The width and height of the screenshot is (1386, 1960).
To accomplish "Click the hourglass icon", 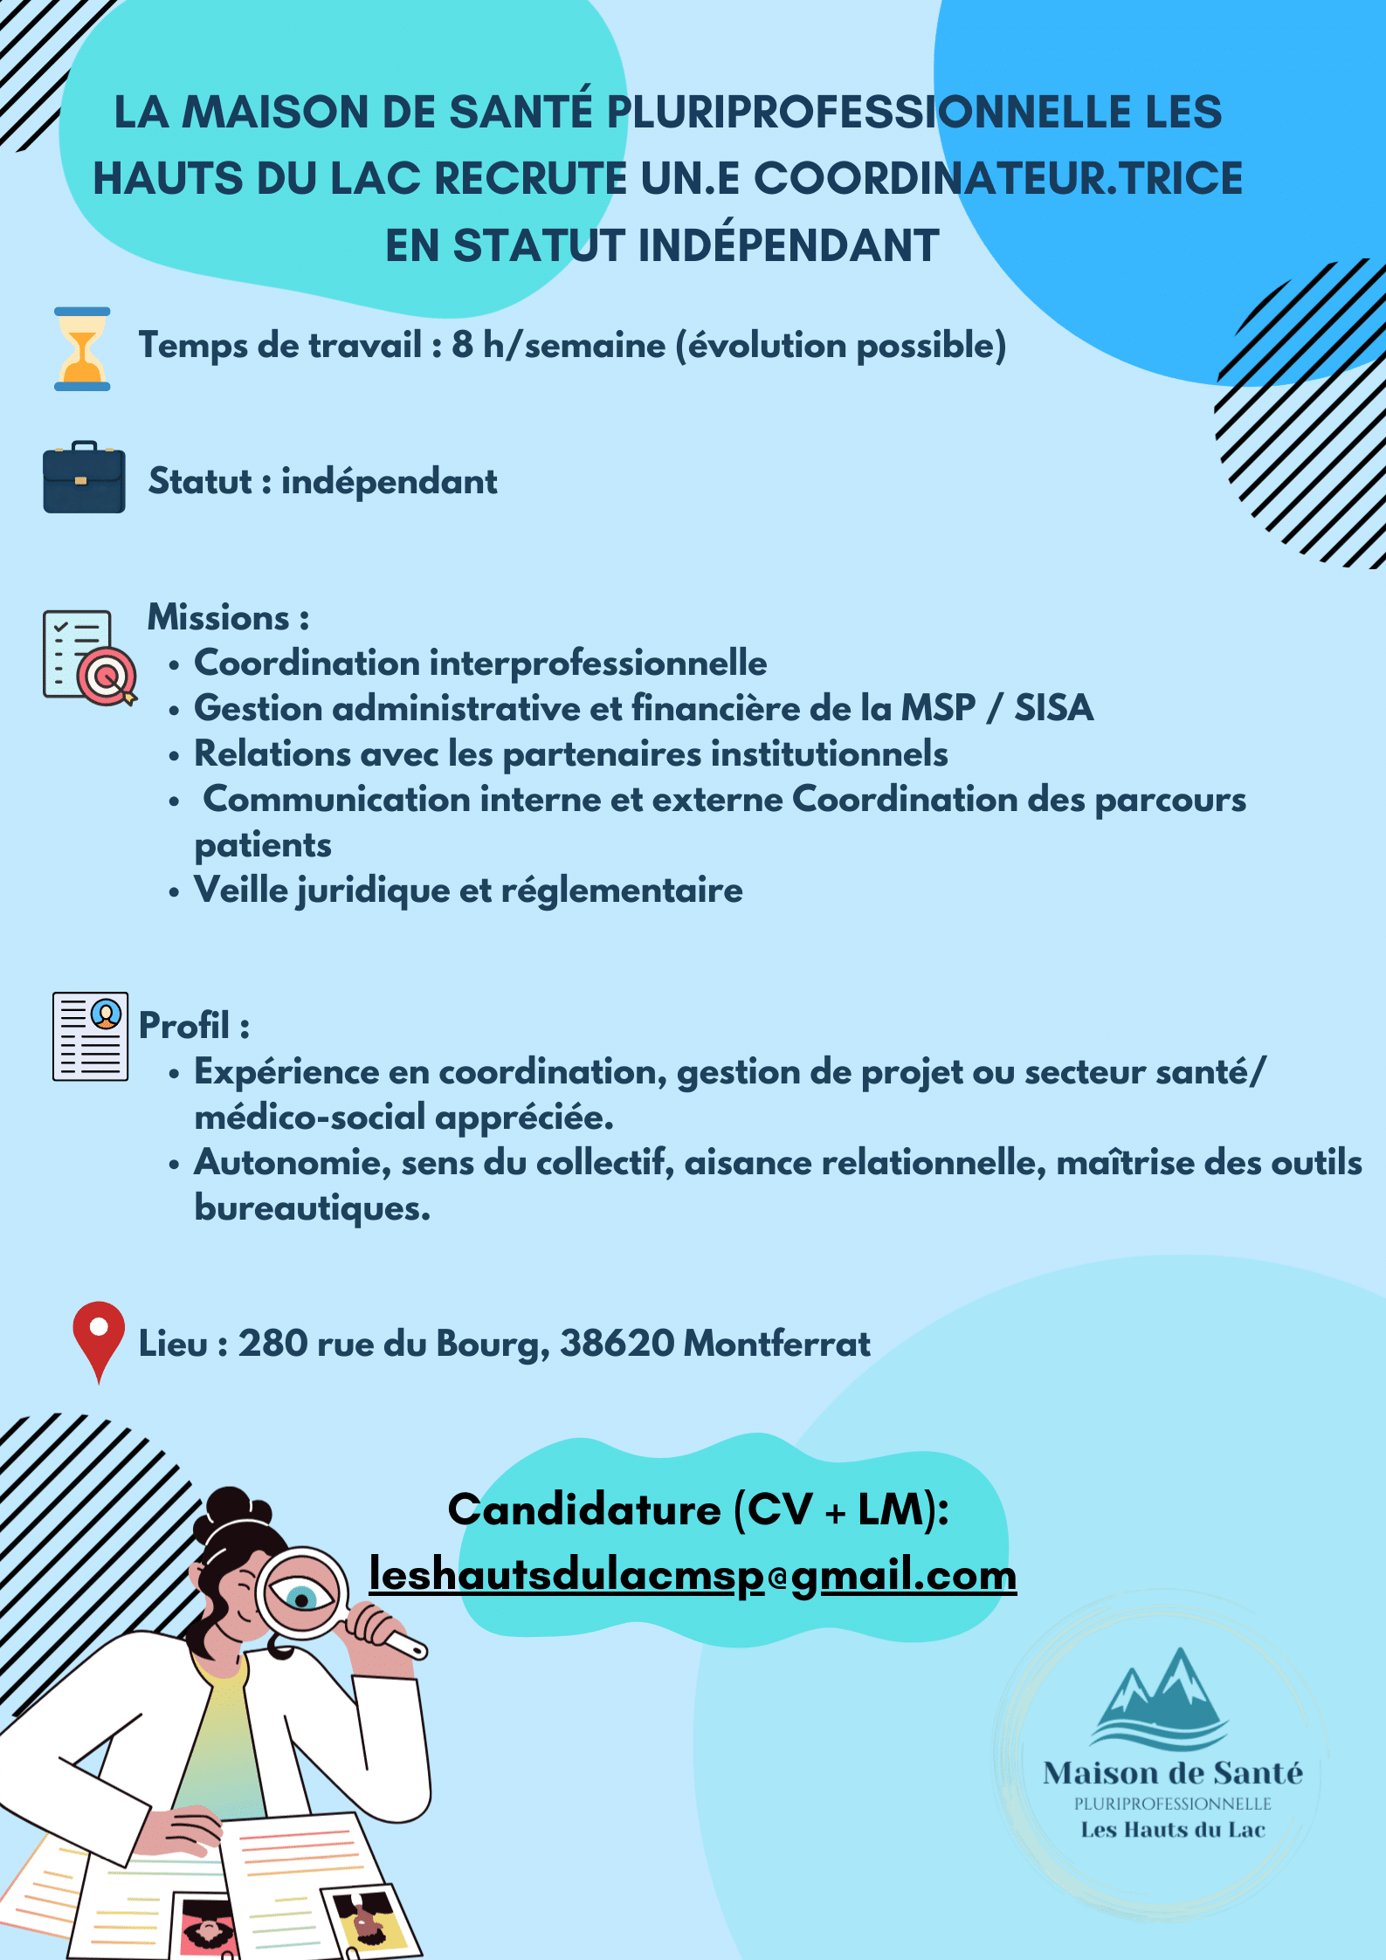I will [x=82, y=348].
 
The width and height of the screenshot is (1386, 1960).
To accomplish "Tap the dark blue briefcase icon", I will [x=84, y=478].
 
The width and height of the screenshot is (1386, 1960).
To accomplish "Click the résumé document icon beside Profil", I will [x=90, y=1035].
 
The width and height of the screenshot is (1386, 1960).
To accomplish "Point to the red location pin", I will [x=99, y=1337].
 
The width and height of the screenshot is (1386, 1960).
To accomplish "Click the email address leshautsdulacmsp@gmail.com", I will [x=693, y=1575].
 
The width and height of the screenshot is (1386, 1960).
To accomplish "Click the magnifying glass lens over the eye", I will [x=301, y=1594].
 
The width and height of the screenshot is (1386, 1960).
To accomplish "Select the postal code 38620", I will [x=617, y=1344].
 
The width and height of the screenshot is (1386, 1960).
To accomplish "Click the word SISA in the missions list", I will [x=1053, y=708].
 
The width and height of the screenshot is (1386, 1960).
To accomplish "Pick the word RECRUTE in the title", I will [x=531, y=179].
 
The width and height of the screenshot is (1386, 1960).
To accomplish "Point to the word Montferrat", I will [x=776, y=1344].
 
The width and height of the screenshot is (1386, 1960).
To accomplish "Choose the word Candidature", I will [x=584, y=1510].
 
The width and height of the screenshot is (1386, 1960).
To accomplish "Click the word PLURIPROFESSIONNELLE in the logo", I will [x=1172, y=1804].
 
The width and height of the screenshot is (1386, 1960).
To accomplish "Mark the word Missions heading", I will [x=218, y=617].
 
